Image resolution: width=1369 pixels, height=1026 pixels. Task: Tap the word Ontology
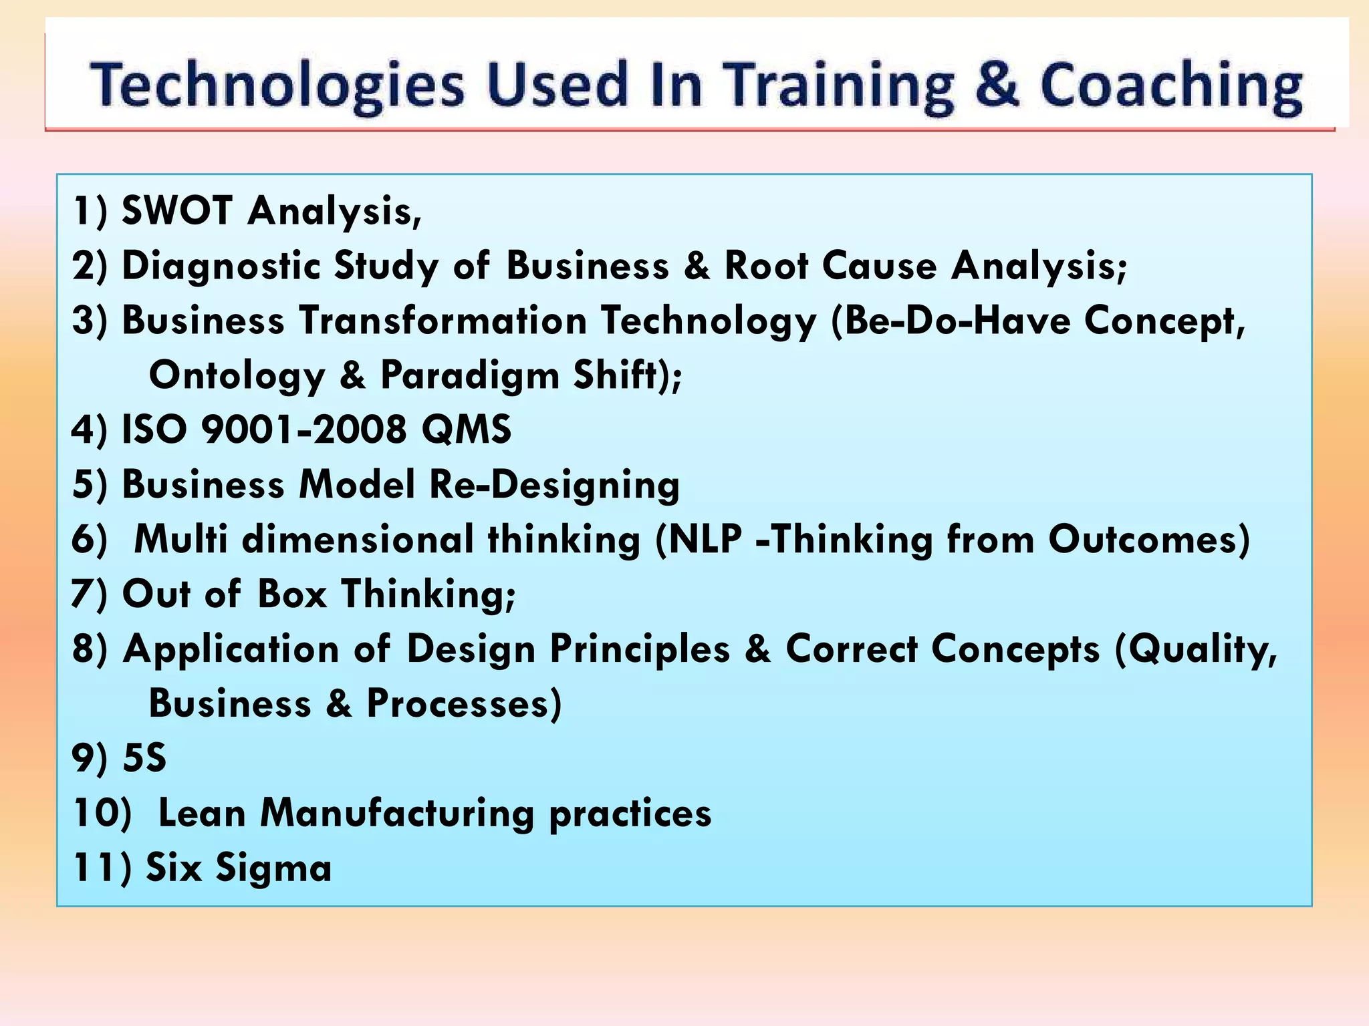point(236,375)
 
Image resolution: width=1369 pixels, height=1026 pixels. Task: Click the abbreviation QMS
point(466,429)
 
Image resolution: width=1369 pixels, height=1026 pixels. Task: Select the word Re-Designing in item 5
point(554,485)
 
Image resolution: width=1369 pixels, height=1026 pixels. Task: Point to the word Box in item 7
point(292,593)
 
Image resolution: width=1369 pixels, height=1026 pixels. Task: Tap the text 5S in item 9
point(144,759)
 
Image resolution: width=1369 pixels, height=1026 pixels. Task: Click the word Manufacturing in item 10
point(397,814)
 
